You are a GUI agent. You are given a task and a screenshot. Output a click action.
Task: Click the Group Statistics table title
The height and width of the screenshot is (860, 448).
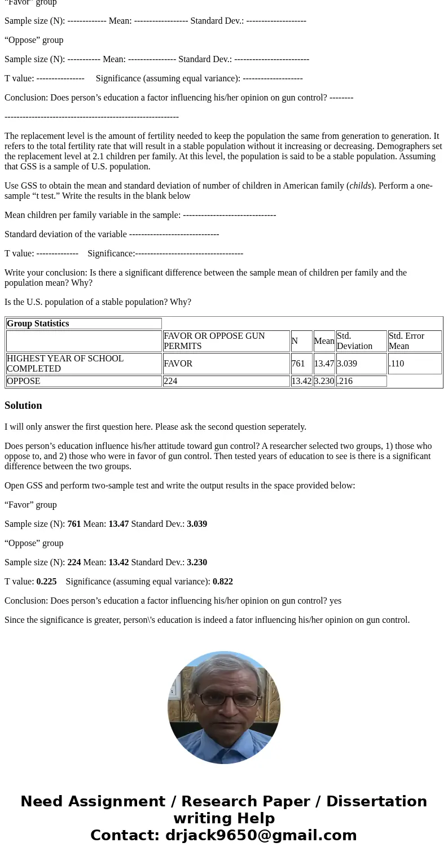pyautogui.click(x=38, y=324)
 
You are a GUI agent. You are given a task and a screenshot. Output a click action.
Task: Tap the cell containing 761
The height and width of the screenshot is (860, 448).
pyautogui.click(x=298, y=364)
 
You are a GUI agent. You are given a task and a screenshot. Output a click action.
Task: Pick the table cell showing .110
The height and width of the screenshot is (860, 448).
pyautogui.click(x=396, y=364)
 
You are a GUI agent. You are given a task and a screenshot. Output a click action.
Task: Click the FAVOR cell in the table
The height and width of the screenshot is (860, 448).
pyautogui.click(x=178, y=364)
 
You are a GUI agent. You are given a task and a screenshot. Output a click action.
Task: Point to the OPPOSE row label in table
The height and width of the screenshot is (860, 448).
pyautogui.click(x=24, y=381)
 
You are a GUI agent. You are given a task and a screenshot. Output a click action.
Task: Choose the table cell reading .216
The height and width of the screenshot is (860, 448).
pyautogui.click(x=344, y=381)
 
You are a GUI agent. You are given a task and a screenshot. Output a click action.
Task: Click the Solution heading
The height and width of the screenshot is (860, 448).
pyautogui.click(x=23, y=405)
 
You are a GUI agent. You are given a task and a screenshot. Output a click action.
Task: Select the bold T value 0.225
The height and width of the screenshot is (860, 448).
pyautogui.click(x=46, y=582)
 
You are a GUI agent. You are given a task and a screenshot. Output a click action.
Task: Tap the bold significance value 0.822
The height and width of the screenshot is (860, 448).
pyautogui.click(x=222, y=582)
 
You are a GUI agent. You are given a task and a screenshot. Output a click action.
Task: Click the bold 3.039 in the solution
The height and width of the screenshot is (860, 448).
pyautogui.click(x=197, y=524)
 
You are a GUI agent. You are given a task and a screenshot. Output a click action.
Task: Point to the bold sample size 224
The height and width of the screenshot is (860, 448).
pyautogui.click(x=74, y=562)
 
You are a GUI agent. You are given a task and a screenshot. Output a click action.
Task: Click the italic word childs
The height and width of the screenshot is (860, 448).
pyautogui.click(x=360, y=186)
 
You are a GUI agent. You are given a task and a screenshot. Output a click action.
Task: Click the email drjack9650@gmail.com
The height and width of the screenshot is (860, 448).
pyautogui.click(x=261, y=835)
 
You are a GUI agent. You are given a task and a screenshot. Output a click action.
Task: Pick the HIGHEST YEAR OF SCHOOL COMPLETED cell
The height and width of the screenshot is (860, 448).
pyautogui.click(x=65, y=364)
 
